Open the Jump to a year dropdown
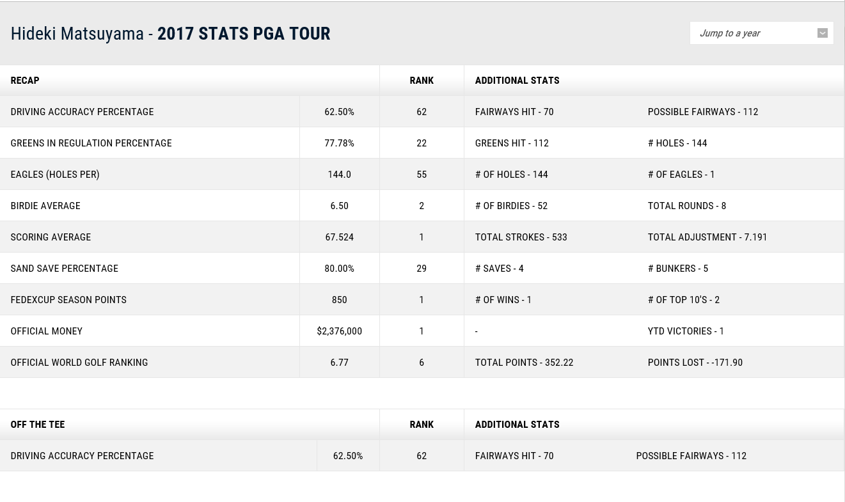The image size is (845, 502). point(761,33)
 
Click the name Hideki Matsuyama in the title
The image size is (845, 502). point(77,34)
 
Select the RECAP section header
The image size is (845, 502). point(25,81)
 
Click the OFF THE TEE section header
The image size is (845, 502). point(38,425)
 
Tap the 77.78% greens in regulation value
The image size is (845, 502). point(339,143)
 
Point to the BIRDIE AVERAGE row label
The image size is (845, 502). point(45,206)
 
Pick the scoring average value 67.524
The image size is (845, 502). point(339,237)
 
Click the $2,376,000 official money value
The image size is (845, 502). point(339,331)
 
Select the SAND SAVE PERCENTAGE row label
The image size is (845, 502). point(64,269)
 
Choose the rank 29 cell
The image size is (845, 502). point(422,269)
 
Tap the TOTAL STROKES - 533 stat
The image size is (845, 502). point(521,237)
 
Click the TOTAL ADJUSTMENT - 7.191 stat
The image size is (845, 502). point(707,237)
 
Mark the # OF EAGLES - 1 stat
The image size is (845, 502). point(681,175)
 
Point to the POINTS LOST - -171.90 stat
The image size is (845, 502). point(695,363)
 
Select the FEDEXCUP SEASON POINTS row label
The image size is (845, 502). point(68,300)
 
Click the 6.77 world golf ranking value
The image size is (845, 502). point(339,363)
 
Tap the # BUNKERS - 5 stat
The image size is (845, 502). point(677,269)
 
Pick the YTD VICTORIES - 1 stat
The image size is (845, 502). point(686,331)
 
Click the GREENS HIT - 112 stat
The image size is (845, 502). point(512,143)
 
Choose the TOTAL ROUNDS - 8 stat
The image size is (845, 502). point(686,206)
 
